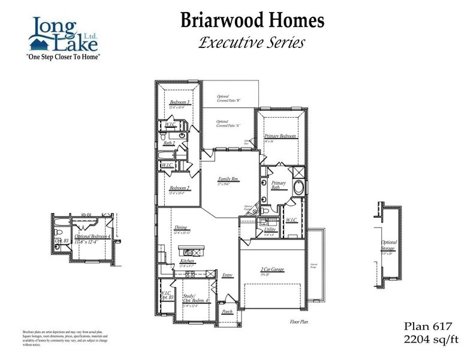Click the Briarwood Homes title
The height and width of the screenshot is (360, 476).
pyautogui.click(x=252, y=21)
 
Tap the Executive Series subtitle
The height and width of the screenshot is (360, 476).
pyautogui.click(x=252, y=43)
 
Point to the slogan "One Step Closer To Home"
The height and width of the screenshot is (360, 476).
pyautogui.click(x=62, y=56)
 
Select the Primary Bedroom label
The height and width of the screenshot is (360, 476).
pyautogui.click(x=281, y=136)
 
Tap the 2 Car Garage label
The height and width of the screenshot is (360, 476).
pyautogui.click(x=272, y=269)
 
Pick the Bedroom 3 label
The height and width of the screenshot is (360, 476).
pyautogui.click(x=180, y=103)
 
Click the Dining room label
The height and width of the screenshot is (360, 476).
pyautogui.click(x=180, y=228)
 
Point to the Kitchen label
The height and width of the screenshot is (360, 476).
pyautogui.click(x=187, y=262)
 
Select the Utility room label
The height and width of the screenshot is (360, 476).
pyautogui.click(x=270, y=230)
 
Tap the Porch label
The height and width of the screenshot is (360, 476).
pyautogui.click(x=227, y=311)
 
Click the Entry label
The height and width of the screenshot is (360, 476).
pyautogui.click(x=227, y=275)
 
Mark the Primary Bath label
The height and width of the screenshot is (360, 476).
pyautogui.click(x=278, y=185)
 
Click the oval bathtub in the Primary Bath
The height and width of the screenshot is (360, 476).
pyautogui.click(x=299, y=187)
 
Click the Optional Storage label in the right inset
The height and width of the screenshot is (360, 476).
pyautogui.click(x=389, y=245)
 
